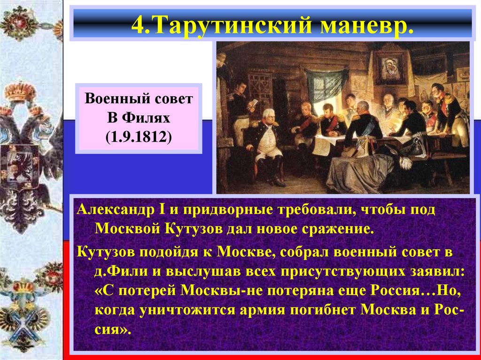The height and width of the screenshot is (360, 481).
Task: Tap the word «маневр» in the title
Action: pos(367,23)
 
